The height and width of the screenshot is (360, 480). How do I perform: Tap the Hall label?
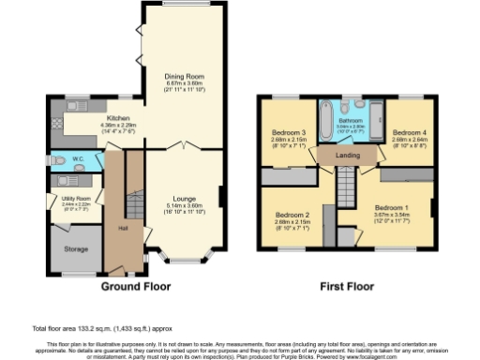pos(122,227)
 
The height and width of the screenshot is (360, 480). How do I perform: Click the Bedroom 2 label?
pos(293,216)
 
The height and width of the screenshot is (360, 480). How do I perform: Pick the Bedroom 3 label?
pos(290,133)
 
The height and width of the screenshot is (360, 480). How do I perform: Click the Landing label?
pos(350,156)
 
